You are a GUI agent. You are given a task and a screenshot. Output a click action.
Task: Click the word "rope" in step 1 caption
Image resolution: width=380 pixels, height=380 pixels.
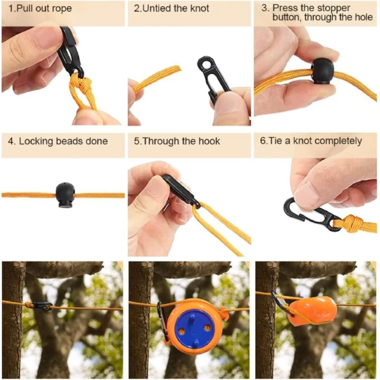click(63, 9)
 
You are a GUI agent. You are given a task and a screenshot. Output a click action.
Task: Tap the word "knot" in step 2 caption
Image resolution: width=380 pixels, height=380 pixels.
click(199, 8)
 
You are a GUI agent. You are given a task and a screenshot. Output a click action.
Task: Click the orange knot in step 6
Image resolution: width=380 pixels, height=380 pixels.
click(351, 224)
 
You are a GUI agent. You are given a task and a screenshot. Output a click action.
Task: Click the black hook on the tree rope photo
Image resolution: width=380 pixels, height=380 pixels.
click(42, 307)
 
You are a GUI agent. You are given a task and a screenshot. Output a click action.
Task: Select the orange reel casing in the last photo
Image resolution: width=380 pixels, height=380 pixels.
click(313, 310)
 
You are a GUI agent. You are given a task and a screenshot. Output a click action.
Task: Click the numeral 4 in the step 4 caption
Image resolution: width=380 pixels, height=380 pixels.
click(11, 141)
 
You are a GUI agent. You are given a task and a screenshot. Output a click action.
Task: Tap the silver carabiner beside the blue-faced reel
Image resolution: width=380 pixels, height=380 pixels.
click(161, 321)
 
